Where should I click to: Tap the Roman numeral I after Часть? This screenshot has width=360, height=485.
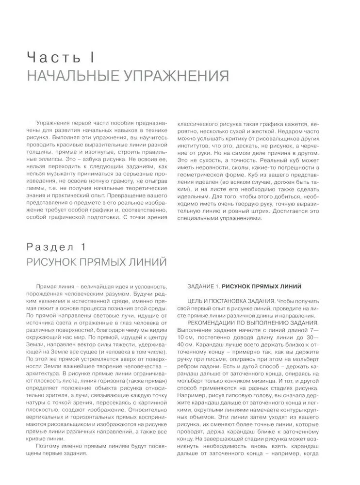pos(91,59)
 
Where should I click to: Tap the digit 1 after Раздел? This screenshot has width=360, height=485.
pos(82,247)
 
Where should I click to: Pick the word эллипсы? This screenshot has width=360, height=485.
pos(55,158)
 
